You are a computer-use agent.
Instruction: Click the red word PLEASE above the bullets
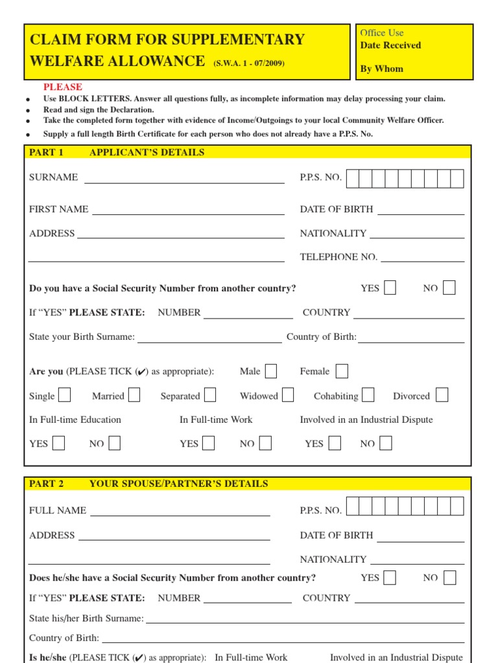pyautogui.click(x=63, y=87)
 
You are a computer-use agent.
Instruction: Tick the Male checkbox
pyautogui.click(x=271, y=371)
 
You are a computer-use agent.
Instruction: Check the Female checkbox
pyautogui.click(x=342, y=371)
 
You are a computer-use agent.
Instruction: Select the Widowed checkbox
pyautogui.click(x=288, y=395)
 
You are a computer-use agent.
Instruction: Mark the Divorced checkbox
pyautogui.click(x=442, y=395)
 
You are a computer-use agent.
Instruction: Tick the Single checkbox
pyautogui.click(x=65, y=395)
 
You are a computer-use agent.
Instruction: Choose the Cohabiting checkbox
pyautogui.click(x=368, y=395)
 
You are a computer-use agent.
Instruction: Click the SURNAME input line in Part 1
pyautogui.click(x=184, y=178)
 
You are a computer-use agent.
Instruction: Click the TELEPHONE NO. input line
pyautogui.click(x=422, y=257)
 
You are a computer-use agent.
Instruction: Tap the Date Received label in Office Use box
pyautogui.click(x=390, y=45)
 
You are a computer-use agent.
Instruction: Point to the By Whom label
pyautogui.click(x=381, y=69)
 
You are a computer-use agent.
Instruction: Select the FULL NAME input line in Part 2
pyautogui.click(x=180, y=511)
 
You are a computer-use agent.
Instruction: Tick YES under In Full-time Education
pyautogui.click(x=58, y=444)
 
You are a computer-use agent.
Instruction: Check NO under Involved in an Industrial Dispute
pyautogui.click(x=386, y=444)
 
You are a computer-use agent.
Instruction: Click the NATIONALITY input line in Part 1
pyautogui.click(x=417, y=234)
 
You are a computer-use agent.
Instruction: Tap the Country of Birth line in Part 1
pyautogui.click(x=411, y=337)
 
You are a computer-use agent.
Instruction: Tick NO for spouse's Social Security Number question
pyautogui.click(x=449, y=578)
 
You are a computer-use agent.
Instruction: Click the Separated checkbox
pyautogui.click(x=210, y=395)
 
